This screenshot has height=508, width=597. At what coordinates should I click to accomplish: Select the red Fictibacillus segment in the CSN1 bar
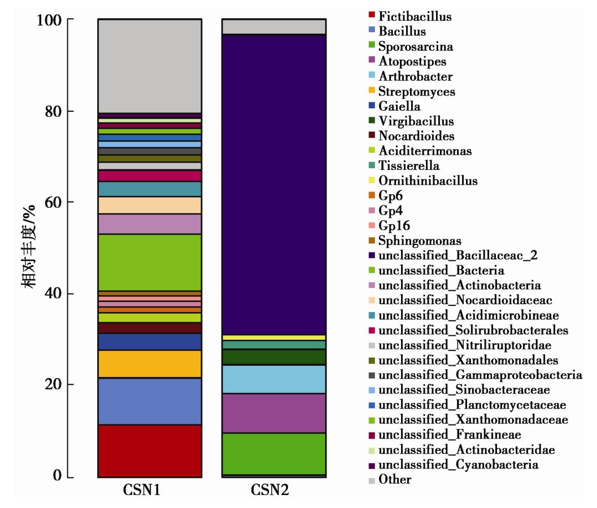[150, 450]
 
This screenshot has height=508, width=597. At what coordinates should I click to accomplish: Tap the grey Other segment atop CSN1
[150, 65]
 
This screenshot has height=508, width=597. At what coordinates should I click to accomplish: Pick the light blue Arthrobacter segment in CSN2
[273, 379]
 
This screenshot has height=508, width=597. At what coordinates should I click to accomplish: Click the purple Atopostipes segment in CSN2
[273, 413]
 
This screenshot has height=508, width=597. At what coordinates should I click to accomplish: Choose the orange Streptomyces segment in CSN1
[150, 364]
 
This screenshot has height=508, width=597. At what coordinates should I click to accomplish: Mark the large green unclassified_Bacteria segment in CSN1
[150, 262]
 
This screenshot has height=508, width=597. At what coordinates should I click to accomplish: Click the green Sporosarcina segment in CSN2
[273, 453]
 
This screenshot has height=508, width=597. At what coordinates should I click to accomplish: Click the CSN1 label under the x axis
[150, 491]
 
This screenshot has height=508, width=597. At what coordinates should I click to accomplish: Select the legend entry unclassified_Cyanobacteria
[458, 465]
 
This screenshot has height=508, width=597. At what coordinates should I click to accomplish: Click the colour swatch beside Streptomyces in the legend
[371, 91]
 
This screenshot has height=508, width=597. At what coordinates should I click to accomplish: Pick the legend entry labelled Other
[395, 480]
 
